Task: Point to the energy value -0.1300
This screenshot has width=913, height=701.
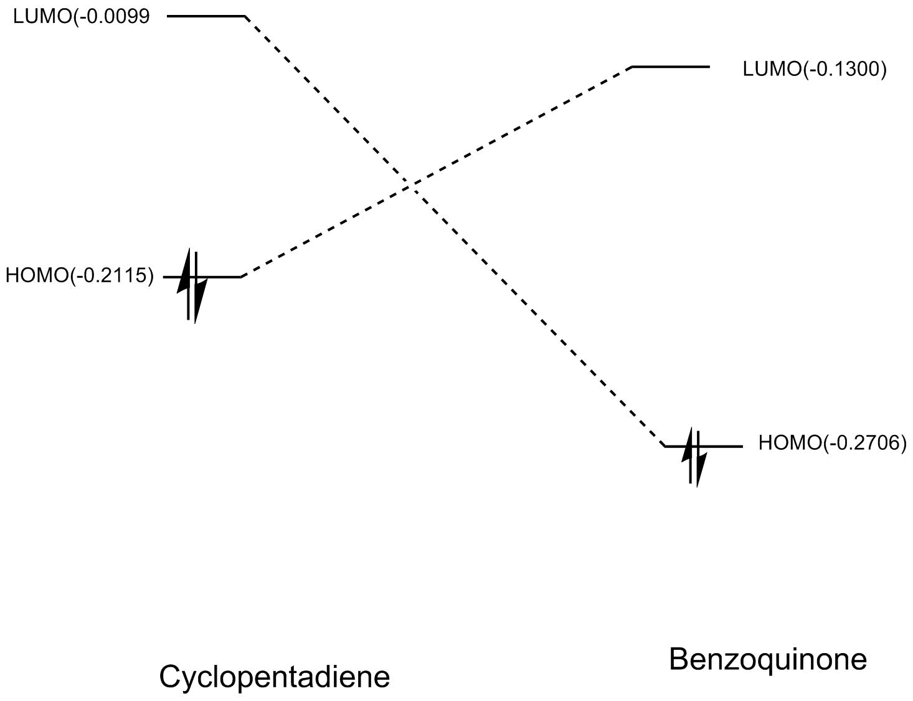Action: point(845,69)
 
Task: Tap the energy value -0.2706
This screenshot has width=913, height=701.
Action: point(866,443)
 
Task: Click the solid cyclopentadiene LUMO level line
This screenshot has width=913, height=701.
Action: point(206,16)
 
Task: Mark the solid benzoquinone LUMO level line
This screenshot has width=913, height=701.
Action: point(671,66)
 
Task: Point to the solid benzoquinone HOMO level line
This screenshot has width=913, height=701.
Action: point(722,446)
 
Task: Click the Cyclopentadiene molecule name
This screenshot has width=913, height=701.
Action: point(275,677)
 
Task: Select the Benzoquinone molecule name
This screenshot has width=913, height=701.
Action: point(768,659)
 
